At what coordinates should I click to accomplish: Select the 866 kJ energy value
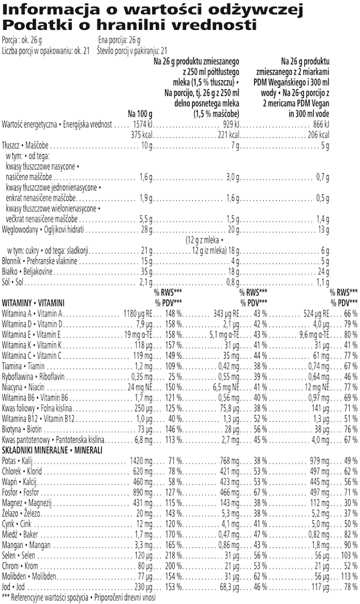(x=320, y=125)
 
